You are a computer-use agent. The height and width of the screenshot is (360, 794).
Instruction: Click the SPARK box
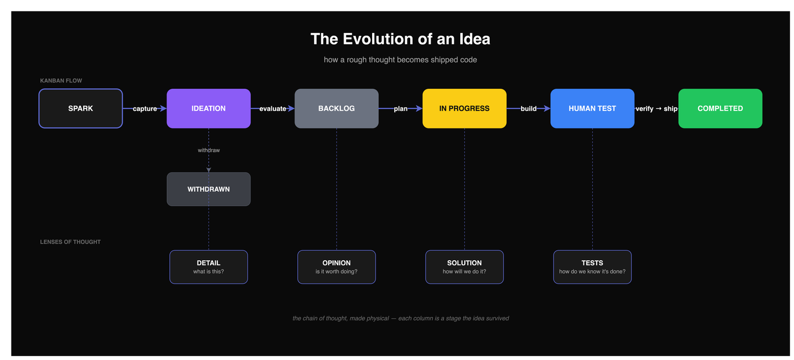point(81,109)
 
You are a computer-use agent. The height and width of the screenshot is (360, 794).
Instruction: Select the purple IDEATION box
point(208,109)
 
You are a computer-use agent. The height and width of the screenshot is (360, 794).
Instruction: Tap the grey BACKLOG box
point(336,109)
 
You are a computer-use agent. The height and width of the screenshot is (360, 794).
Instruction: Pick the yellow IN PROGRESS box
point(464,109)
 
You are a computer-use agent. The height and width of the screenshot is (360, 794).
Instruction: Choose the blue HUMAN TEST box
point(592,109)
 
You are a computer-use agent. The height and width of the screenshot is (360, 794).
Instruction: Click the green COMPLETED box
point(720,109)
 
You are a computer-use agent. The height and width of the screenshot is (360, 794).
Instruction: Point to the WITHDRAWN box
point(208,189)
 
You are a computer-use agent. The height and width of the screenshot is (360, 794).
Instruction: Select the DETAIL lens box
point(208,267)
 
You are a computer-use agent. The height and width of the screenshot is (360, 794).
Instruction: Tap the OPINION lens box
point(336,267)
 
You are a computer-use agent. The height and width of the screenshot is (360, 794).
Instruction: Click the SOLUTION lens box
point(464,267)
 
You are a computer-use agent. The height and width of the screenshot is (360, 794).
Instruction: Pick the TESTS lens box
point(592,267)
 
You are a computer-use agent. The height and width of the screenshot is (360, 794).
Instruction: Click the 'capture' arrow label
point(145,109)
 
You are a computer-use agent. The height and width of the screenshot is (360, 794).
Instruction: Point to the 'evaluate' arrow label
point(273,109)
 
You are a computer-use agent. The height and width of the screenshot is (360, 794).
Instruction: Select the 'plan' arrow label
point(401,109)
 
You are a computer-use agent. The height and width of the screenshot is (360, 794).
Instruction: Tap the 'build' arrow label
point(528,109)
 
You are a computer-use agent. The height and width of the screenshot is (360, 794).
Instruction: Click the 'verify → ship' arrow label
point(656,109)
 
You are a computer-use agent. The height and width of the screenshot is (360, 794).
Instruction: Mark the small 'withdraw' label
point(209,150)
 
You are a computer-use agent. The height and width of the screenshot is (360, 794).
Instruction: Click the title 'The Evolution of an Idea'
point(400,39)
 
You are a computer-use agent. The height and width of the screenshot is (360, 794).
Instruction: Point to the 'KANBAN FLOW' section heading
point(61,81)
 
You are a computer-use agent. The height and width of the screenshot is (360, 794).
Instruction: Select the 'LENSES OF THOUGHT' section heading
point(71,242)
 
